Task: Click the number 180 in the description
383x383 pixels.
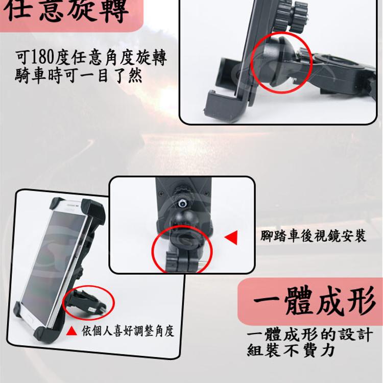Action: click(43, 57)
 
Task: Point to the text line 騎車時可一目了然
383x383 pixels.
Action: click(79, 76)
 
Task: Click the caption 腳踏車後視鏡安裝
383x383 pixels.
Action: click(314, 236)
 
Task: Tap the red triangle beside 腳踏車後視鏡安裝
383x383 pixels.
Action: click(231, 237)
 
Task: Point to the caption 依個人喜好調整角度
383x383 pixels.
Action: click(128, 331)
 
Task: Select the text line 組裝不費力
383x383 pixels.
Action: click(291, 350)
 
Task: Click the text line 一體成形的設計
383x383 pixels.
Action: click(310, 334)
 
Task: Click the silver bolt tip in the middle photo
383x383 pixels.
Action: click(182, 203)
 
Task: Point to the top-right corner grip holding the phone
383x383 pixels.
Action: click(94, 210)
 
